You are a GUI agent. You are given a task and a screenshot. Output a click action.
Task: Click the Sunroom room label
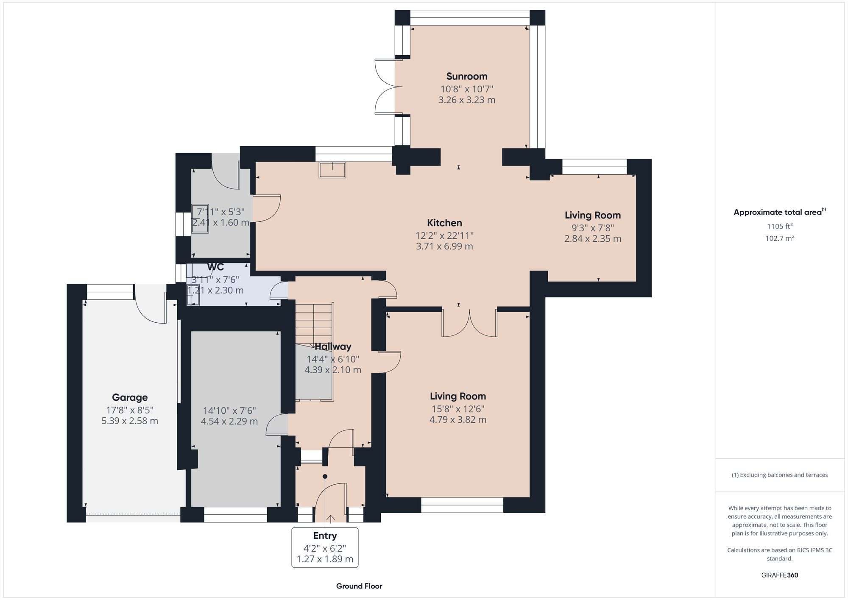click(x=466, y=76)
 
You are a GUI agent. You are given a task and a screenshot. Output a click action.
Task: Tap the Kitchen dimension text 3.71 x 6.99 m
click(x=444, y=246)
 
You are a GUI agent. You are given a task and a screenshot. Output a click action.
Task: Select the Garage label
click(x=130, y=397)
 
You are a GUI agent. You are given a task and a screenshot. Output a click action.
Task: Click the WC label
click(x=215, y=267)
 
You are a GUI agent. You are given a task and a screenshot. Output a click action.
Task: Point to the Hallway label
click(x=333, y=346)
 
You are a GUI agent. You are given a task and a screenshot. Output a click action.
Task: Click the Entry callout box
click(x=325, y=547)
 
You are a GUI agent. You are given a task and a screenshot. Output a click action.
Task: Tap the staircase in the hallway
click(x=314, y=322)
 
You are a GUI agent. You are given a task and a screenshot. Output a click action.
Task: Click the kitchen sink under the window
click(x=332, y=170)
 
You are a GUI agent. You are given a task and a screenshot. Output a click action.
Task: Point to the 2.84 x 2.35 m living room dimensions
click(x=593, y=239)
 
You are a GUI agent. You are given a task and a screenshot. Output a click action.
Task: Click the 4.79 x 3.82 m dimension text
click(x=458, y=420)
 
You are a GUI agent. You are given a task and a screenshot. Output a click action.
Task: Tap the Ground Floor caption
click(x=359, y=586)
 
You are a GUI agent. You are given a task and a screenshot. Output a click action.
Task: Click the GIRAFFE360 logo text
click(x=779, y=575)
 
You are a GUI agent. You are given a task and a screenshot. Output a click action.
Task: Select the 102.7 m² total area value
click(x=779, y=238)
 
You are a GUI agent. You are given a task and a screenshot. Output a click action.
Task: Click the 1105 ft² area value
click(x=779, y=226)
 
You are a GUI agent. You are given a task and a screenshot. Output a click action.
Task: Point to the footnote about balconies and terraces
click(x=779, y=475)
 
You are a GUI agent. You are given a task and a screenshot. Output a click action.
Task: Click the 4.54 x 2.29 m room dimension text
click(x=229, y=421)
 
